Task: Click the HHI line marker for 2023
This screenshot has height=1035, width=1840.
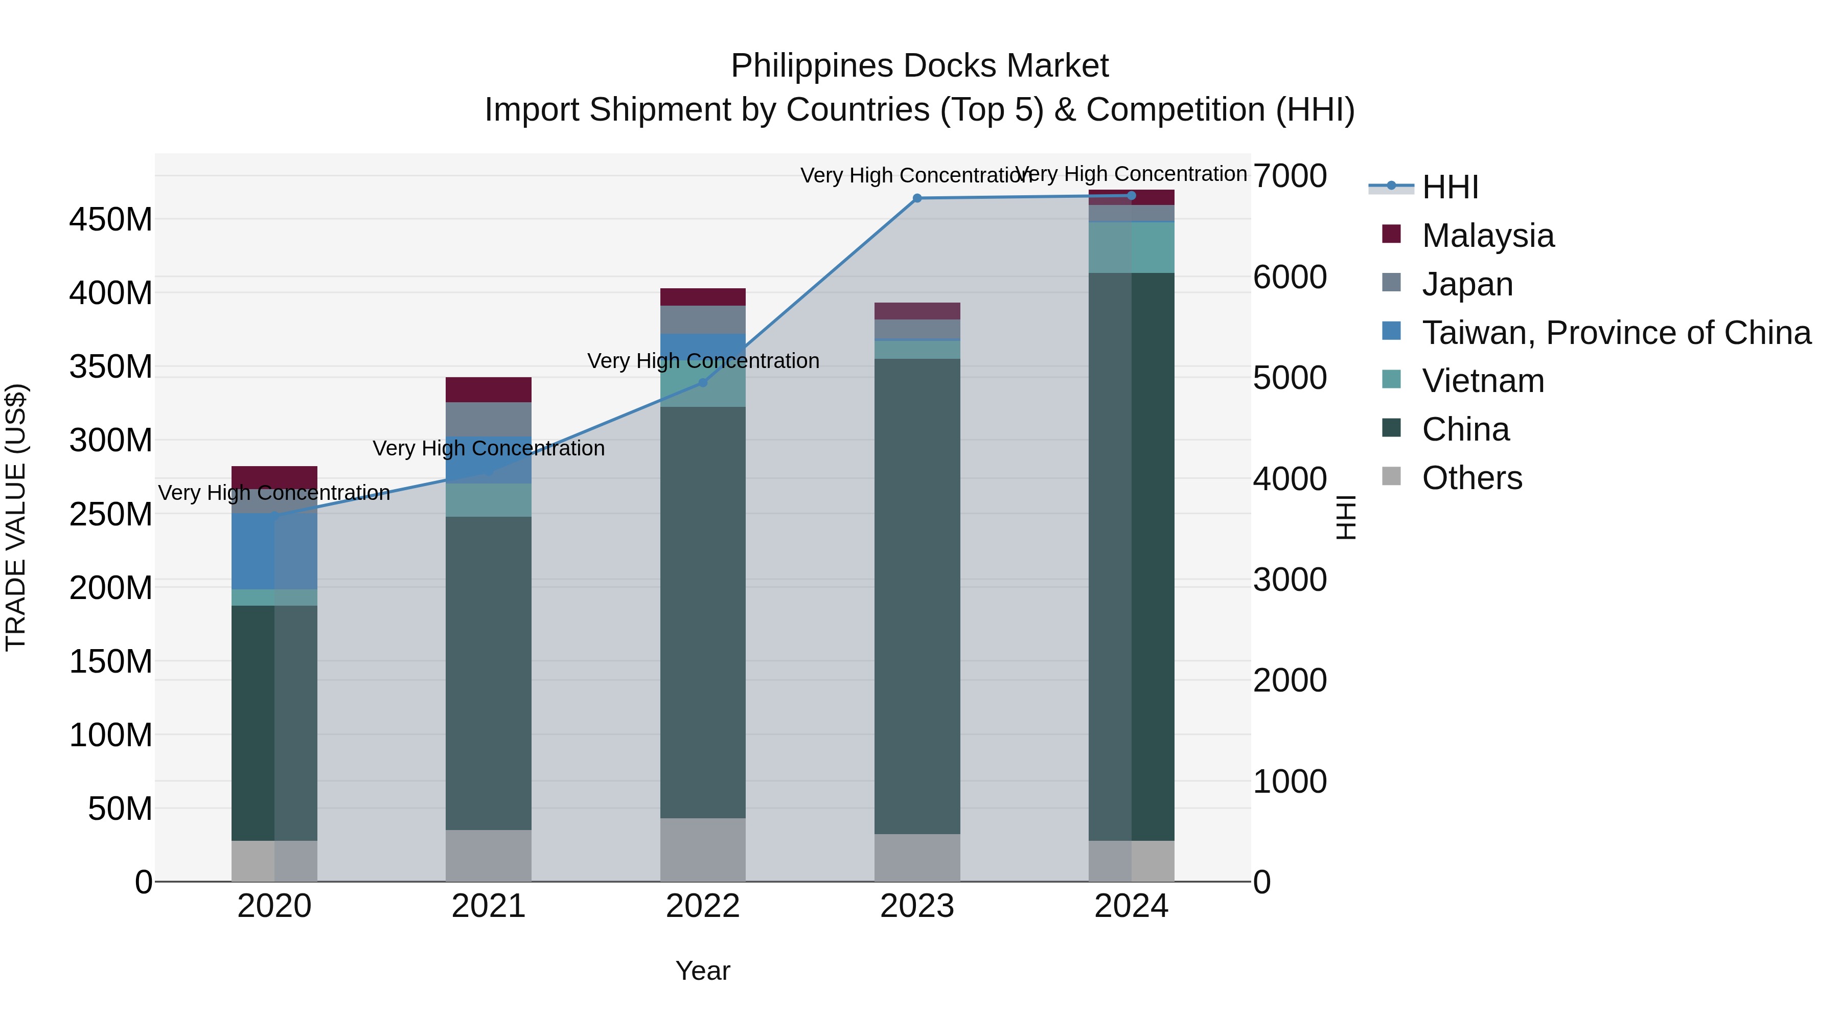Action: click(917, 199)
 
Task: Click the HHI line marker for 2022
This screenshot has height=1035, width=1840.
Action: click(703, 383)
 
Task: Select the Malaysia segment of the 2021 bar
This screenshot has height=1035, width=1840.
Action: click(489, 390)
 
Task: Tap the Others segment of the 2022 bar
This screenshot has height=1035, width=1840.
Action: click(703, 849)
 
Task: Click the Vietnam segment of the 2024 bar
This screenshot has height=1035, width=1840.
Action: click(1132, 247)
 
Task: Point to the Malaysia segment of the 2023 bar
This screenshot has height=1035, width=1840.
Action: click(917, 311)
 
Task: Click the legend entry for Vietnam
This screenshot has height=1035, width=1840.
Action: click(1483, 381)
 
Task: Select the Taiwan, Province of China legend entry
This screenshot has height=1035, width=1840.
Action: click(1616, 333)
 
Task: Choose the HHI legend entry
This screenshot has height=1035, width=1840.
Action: click(1450, 187)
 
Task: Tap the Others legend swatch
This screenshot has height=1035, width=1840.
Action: click(1391, 476)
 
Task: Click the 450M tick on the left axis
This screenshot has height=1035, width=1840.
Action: click(111, 219)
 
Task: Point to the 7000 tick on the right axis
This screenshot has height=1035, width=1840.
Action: click(1290, 176)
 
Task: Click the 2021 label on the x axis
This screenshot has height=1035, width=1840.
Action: click(489, 906)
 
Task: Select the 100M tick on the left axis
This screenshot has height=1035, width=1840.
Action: click(111, 735)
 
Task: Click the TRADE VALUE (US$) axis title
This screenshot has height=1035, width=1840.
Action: click(16, 517)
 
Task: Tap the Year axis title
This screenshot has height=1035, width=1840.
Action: click(703, 971)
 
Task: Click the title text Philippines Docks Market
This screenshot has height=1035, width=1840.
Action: click(919, 66)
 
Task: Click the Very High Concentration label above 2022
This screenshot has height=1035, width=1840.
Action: click(703, 361)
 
